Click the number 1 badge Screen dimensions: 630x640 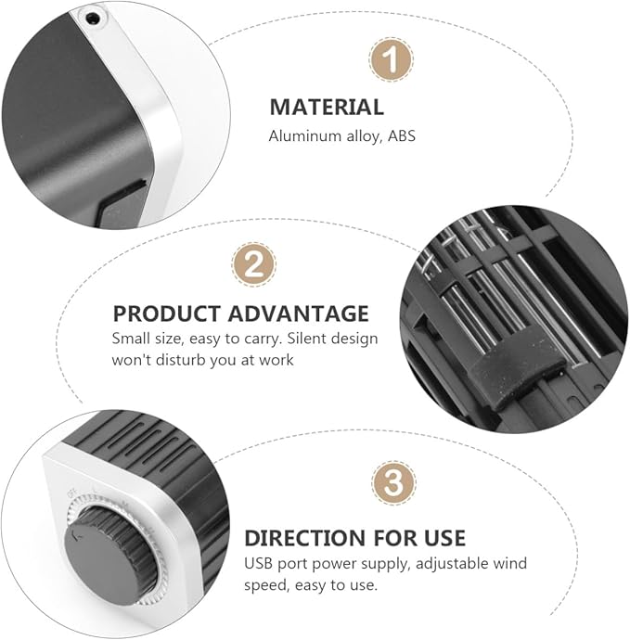coord(392,59)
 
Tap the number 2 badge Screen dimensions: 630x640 coord(253,264)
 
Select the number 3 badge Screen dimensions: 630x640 coord(393,483)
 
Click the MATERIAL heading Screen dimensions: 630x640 coord(327,108)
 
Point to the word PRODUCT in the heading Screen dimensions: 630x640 coord(167,314)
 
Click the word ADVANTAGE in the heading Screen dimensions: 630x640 coord(299,314)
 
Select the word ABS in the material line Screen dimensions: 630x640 coord(402,136)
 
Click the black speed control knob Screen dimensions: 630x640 coord(109,556)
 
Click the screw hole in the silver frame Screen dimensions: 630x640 coord(92,18)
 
